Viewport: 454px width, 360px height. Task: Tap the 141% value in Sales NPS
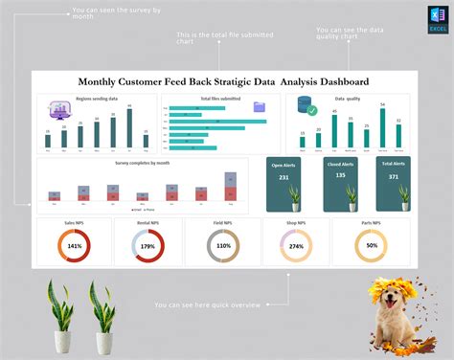74,246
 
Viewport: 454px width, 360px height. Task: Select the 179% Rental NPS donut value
148,246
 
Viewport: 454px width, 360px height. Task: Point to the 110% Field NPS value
223,246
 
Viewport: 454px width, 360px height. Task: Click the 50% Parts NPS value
371,246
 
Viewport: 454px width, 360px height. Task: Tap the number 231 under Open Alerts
284,177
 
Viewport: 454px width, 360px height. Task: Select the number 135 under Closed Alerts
340,176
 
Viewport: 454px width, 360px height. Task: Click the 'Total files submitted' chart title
219,99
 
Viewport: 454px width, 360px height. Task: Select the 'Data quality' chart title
348,99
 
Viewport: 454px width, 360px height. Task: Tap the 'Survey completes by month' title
141,163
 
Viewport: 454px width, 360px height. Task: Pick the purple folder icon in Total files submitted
259,107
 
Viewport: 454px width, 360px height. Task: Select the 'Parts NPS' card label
371,223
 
